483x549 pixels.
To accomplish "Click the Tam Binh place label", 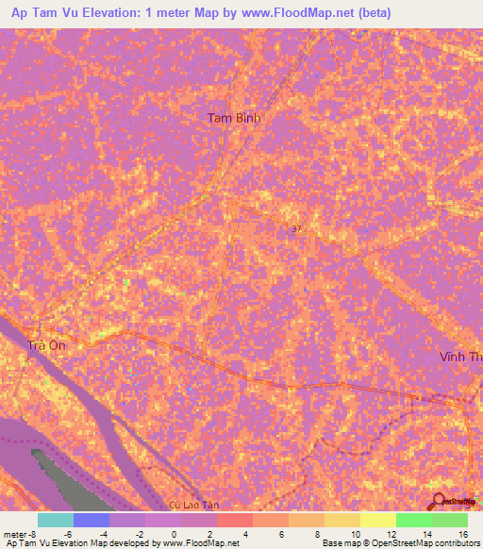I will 233,118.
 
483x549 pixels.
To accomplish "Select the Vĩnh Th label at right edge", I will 460,358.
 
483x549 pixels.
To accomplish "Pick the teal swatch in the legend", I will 56,520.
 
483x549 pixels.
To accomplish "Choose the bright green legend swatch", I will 413,520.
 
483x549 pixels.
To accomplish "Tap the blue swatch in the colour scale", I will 92,520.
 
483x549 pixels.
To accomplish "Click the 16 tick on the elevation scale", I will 462,533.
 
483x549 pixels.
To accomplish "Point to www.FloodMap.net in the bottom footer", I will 199,543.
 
